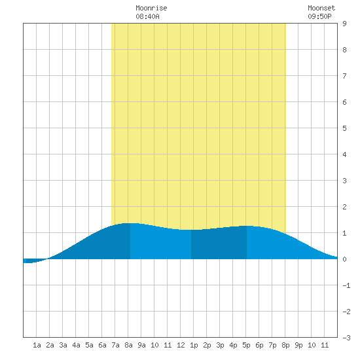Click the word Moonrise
pos(151,8)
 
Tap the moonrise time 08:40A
pos(147,16)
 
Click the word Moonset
pos(321,8)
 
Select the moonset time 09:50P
pos(319,16)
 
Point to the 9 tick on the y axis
pos(344,24)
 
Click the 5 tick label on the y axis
pos(344,128)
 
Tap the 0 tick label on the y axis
pos(344,259)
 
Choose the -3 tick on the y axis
pos(346,338)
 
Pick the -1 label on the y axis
pos(346,285)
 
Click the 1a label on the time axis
pos(37,345)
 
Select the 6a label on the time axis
pos(102,345)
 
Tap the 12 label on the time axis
pos(181,345)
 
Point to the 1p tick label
pos(194,345)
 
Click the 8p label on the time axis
pos(285,345)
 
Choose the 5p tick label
pos(246,345)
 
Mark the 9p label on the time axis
pos(298,345)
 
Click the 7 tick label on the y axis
pos(344,76)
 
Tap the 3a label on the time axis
pos(63,345)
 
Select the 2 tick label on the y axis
pos(344,207)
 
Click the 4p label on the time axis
pos(233,345)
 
